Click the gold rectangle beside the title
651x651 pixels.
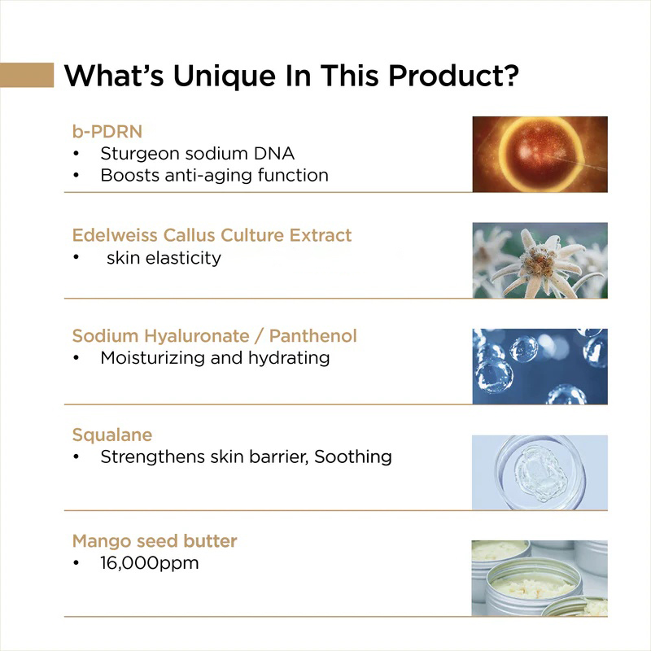[27, 75]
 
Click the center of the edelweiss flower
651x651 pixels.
[539, 260]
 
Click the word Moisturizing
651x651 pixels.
[153, 358]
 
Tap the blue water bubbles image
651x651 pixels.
[540, 366]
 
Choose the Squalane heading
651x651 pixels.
[111, 435]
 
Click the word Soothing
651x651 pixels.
[353, 457]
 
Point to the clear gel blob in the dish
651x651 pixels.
[535, 470]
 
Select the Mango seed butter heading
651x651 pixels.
[155, 540]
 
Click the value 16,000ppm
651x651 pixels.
[149, 562]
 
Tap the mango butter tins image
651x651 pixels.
[540, 578]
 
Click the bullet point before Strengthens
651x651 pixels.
[76, 457]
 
